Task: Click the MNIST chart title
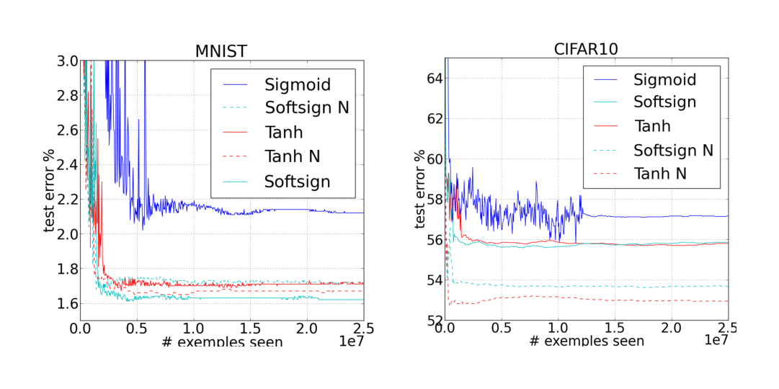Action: coord(222,52)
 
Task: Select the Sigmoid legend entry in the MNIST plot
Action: coord(298,85)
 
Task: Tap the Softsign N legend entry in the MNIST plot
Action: coord(306,109)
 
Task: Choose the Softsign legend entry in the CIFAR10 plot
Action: coord(664,102)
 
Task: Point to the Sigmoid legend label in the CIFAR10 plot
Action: coord(664,79)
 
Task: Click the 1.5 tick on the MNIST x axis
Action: coord(250,328)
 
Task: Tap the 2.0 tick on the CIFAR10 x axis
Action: coord(671,328)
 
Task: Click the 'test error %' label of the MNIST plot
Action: coord(49,190)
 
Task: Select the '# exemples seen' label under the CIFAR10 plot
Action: coord(587,341)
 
